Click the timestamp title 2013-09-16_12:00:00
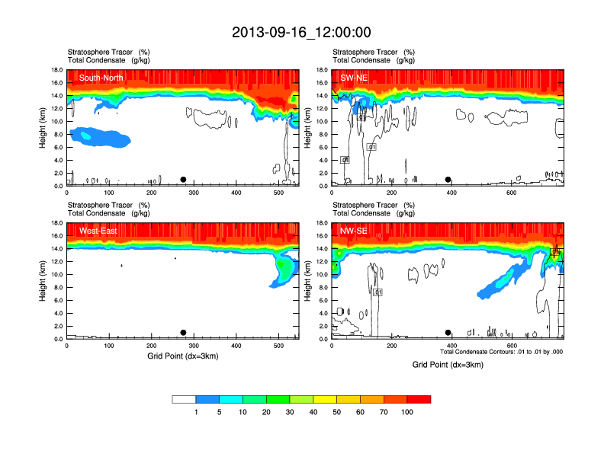[301, 32]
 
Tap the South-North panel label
[101, 77]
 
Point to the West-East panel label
[97, 230]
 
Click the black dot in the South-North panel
[183, 180]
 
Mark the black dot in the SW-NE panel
[448, 180]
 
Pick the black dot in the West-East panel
[183, 333]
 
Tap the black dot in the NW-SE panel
[448, 333]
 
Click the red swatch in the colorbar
[419, 399]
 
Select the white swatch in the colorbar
[184, 399]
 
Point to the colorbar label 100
[407, 412]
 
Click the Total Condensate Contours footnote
[502, 352]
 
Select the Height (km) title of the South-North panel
[43, 128]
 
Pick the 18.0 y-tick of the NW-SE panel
[322, 223]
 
